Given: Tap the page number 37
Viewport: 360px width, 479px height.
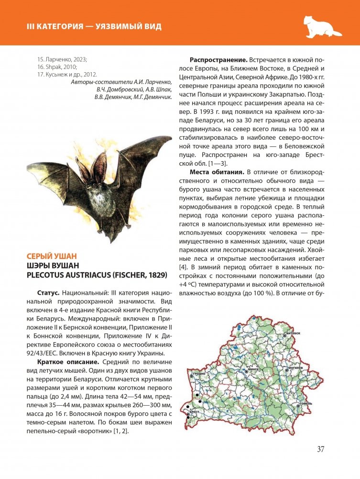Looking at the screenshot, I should click(321, 449).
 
